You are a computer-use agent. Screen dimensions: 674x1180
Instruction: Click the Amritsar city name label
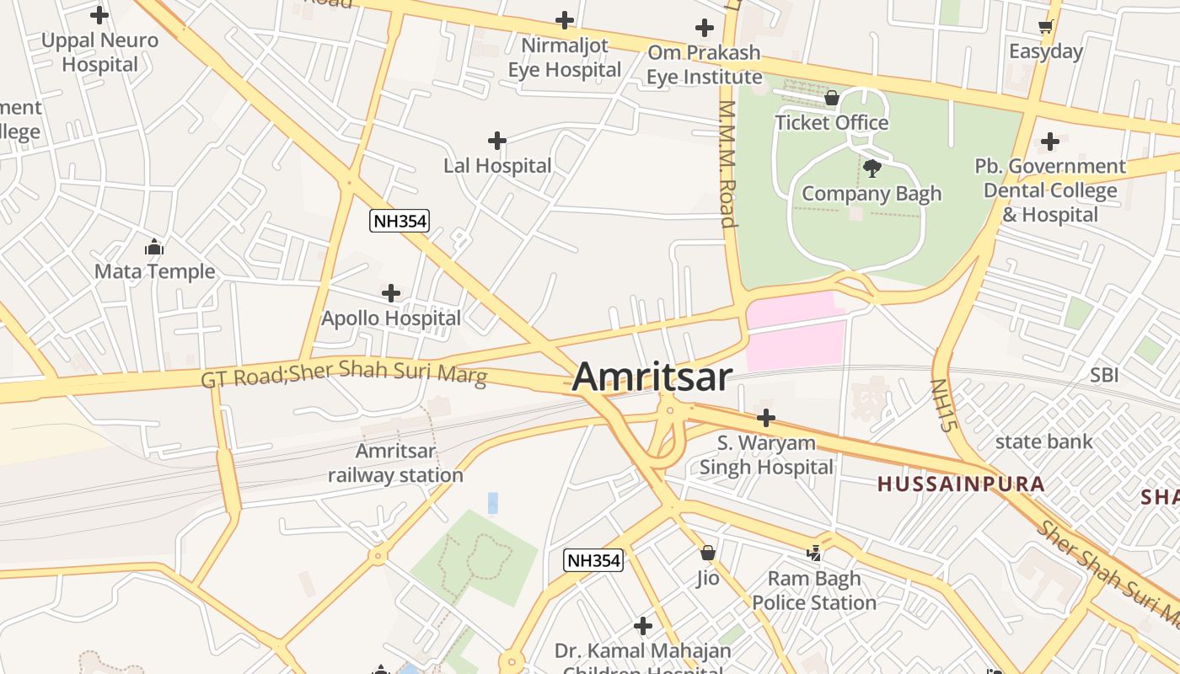click(652, 377)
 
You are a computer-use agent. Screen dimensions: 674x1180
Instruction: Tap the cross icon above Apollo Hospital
click(391, 293)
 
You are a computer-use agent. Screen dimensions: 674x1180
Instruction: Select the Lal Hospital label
click(497, 166)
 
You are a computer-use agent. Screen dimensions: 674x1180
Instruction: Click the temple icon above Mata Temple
click(154, 248)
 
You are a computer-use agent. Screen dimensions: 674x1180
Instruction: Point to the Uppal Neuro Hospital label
click(99, 52)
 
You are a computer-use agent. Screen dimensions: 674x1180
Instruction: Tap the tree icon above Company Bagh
click(872, 168)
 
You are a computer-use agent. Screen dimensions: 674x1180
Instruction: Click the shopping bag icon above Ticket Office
click(832, 99)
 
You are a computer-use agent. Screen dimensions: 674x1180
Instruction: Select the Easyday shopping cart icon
click(1046, 27)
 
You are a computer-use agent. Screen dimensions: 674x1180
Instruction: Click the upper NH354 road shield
click(400, 222)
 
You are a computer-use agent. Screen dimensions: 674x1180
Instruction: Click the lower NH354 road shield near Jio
click(593, 560)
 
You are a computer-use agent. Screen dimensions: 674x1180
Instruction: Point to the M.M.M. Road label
click(727, 164)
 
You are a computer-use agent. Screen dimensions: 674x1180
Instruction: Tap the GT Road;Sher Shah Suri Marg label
click(344, 373)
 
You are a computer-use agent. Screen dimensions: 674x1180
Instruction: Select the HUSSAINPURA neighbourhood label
click(961, 484)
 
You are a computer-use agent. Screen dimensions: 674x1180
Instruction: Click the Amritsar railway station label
click(395, 463)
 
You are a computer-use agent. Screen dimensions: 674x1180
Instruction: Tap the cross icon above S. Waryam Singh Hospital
click(765, 418)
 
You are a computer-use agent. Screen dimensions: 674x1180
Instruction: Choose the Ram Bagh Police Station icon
click(814, 554)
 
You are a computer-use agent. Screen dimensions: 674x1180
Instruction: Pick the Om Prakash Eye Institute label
click(704, 65)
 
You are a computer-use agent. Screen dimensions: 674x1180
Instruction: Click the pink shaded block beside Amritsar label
click(794, 333)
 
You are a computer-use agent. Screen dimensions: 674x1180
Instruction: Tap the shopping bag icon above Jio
click(708, 554)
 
